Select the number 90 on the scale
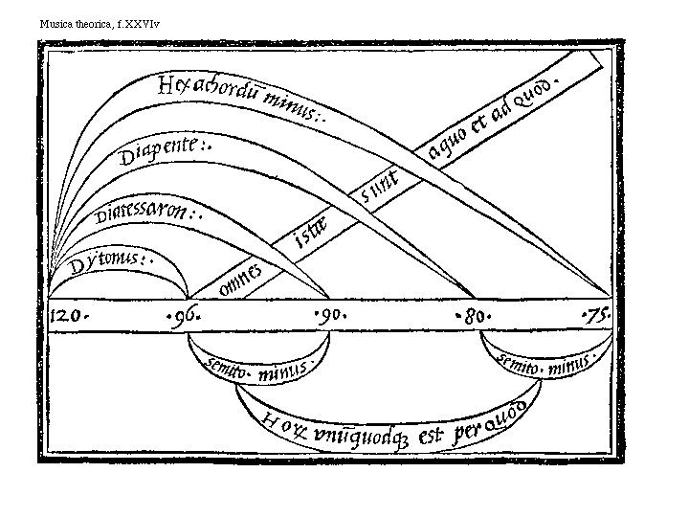pyautogui.click(x=331, y=315)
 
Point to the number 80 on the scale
pyautogui.click(x=469, y=315)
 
